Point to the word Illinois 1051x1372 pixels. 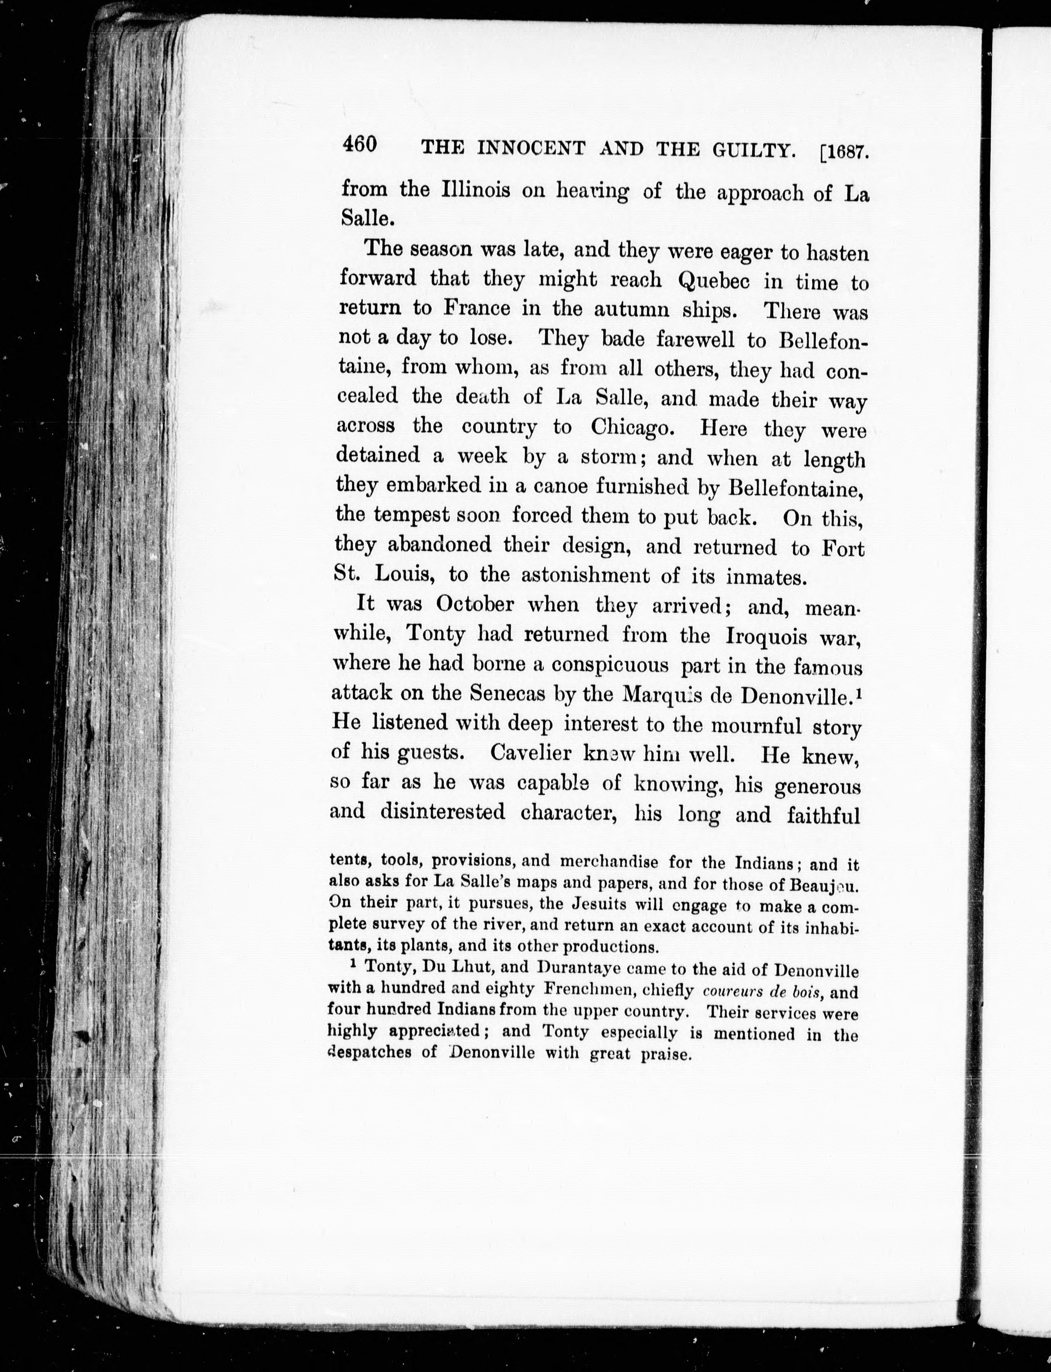(x=476, y=189)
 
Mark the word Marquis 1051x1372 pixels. (x=682, y=695)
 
